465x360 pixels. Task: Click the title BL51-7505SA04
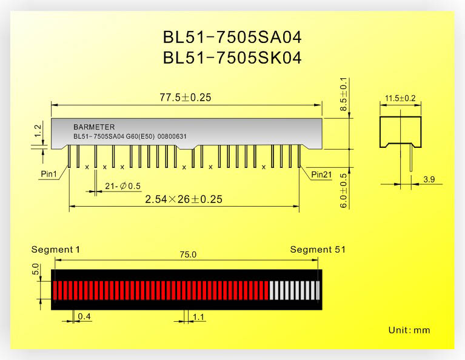pos(232,38)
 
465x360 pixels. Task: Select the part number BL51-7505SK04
pos(232,58)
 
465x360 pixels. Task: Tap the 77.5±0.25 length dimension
pos(186,97)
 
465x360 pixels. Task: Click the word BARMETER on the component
pos(94,127)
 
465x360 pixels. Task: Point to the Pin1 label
pos(49,174)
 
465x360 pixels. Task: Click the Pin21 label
pos(321,175)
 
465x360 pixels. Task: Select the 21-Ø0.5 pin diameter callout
pos(123,186)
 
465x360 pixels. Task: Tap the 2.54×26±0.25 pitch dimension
pos(184,199)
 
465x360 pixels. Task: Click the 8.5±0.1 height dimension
pos(343,95)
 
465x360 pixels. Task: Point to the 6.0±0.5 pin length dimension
pos(343,191)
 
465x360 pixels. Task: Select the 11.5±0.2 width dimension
pos(400,98)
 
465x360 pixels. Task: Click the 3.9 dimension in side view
pos(429,179)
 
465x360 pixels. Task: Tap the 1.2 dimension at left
pos(38,131)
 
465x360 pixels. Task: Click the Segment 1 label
pos(55,249)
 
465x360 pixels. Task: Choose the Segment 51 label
pos(318,249)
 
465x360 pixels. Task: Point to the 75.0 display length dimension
pos(188,255)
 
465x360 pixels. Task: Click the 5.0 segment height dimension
pos(35,269)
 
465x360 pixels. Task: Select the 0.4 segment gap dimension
pos(84,317)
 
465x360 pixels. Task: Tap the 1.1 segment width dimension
pos(198,318)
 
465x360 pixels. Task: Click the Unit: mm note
pos(409,330)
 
